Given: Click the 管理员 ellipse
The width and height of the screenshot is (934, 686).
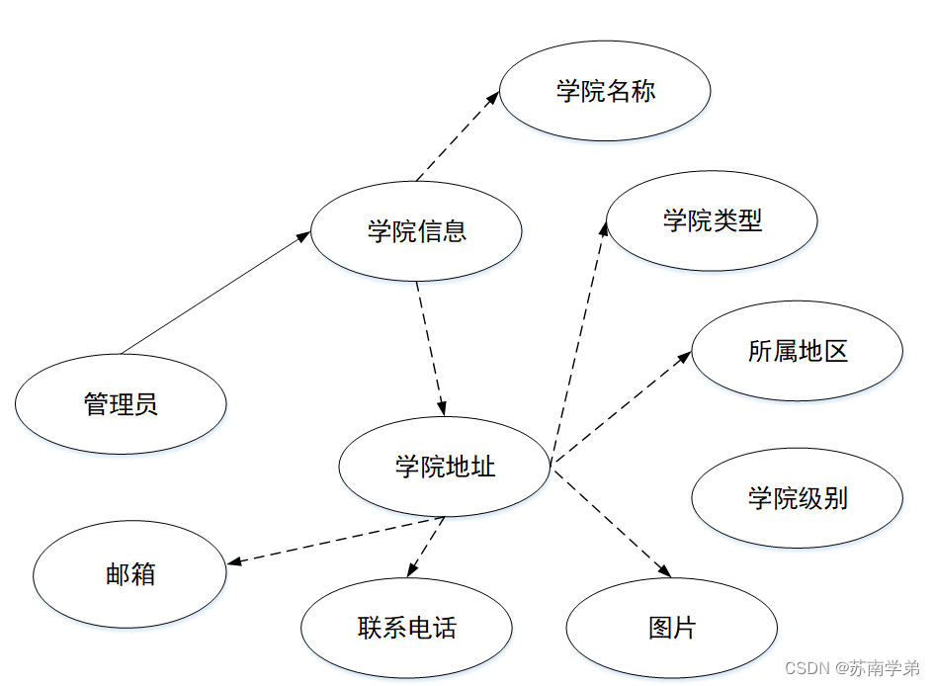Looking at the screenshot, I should click(x=121, y=404).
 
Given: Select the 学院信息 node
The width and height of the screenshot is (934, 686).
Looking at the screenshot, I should click(x=416, y=231).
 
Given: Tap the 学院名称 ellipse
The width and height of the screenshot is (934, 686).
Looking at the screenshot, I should click(x=605, y=92).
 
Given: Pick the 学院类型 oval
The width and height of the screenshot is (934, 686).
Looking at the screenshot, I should click(x=712, y=220).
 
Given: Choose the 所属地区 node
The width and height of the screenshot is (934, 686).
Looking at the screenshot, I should click(x=797, y=351).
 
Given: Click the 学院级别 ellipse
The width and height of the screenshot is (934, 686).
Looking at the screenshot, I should click(x=797, y=497).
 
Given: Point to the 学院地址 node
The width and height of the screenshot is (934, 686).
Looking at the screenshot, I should click(x=444, y=467).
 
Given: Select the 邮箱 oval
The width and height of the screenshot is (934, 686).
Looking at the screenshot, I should click(x=129, y=574).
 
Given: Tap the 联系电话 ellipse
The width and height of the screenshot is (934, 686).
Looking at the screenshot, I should click(x=406, y=628).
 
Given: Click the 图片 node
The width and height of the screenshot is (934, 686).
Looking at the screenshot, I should click(x=671, y=628).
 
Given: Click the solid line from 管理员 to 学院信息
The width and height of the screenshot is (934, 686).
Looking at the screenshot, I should click(x=212, y=295).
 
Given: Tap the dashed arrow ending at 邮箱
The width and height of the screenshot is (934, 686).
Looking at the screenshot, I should click(x=336, y=541).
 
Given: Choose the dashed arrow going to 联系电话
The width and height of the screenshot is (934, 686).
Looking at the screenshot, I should click(x=426, y=547).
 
